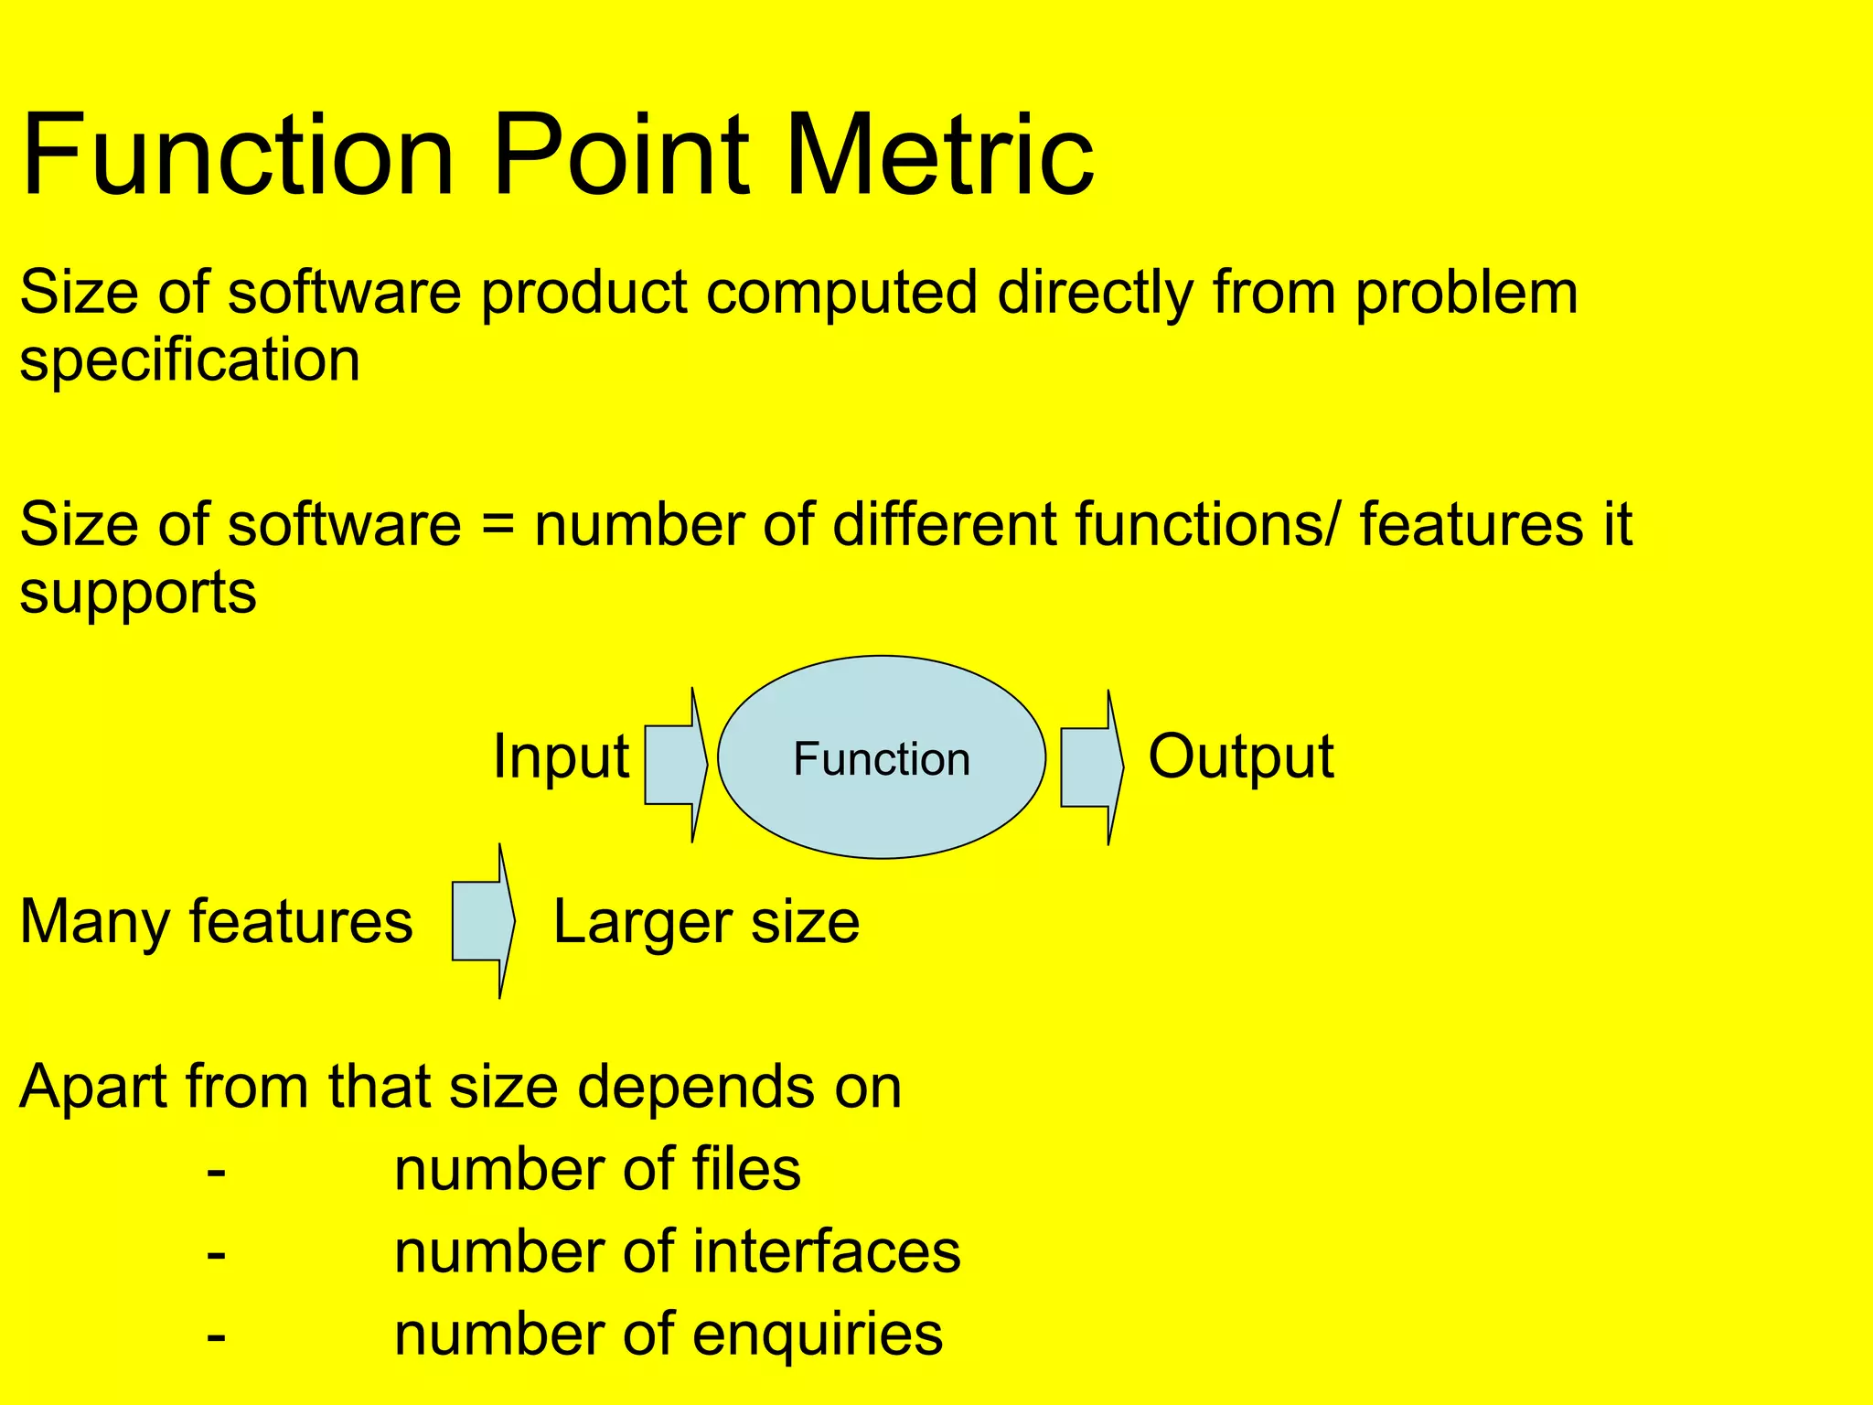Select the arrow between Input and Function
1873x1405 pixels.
(x=675, y=765)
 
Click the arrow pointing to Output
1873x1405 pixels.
(x=1091, y=767)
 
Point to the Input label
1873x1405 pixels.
(x=561, y=757)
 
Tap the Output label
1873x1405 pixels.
(x=1240, y=757)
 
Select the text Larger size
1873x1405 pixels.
(x=706, y=921)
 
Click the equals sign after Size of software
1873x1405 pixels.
(x=498, y=526)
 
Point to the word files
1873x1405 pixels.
(x=746, y=1170)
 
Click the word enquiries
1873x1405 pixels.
(x=818, y=1335)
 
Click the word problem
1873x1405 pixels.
(x=1467, y=295)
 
